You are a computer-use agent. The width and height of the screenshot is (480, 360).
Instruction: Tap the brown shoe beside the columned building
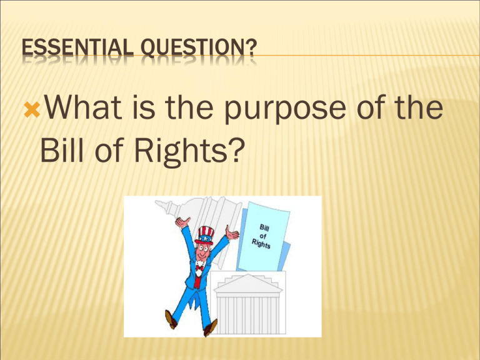pyautogui.click(x=212, y=325)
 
